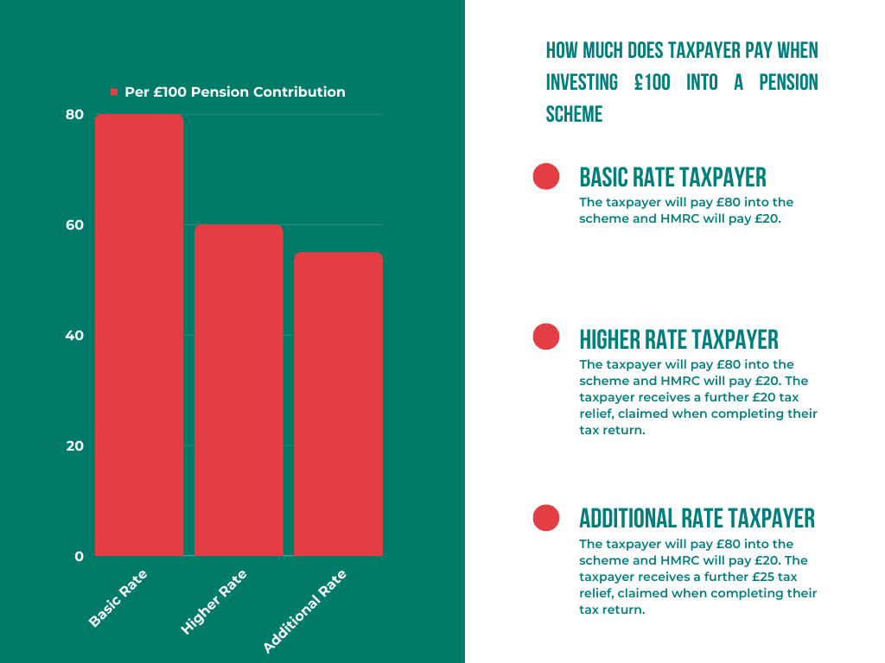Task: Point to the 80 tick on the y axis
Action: click(75, 115)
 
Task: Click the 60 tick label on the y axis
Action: click(75, 225)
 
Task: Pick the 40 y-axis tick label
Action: click(75, 336)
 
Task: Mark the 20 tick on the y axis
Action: click(75, 446)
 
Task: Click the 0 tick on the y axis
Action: click(80, 557)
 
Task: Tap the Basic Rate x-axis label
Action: click(118, 598)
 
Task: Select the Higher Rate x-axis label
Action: click(214, 603)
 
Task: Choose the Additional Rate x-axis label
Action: click(304, 610)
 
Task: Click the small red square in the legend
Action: click(113, 92)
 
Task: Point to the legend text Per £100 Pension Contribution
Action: click(234, 92)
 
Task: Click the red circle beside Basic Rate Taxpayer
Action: click(546, 176)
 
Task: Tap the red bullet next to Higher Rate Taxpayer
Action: click(546, 337)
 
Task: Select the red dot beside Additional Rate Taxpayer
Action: click(546, 517)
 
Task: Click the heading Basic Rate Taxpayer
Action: click(672, 178)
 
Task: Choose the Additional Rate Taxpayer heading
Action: click(697, 518)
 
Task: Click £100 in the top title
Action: click(653, 83)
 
